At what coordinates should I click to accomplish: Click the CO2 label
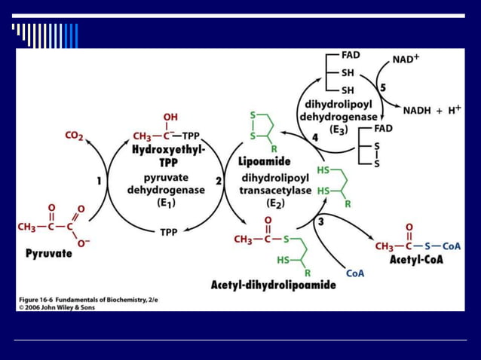[x=74, y=136]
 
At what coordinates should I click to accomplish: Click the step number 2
[x=219, y=181]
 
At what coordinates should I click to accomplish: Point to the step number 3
[x=320, y=221]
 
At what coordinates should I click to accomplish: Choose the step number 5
[x=382, y=88]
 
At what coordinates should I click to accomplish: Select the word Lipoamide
[x=259, y=161]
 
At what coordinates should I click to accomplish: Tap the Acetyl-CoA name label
[x=416, y=260]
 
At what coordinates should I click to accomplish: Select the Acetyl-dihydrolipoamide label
[x=273, y=286]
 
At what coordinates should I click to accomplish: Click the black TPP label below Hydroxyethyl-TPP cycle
[x=169, y=233]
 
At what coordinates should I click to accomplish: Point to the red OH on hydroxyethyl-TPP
[x=170, y=117]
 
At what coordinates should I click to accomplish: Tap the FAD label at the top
[x=351, y=55]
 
